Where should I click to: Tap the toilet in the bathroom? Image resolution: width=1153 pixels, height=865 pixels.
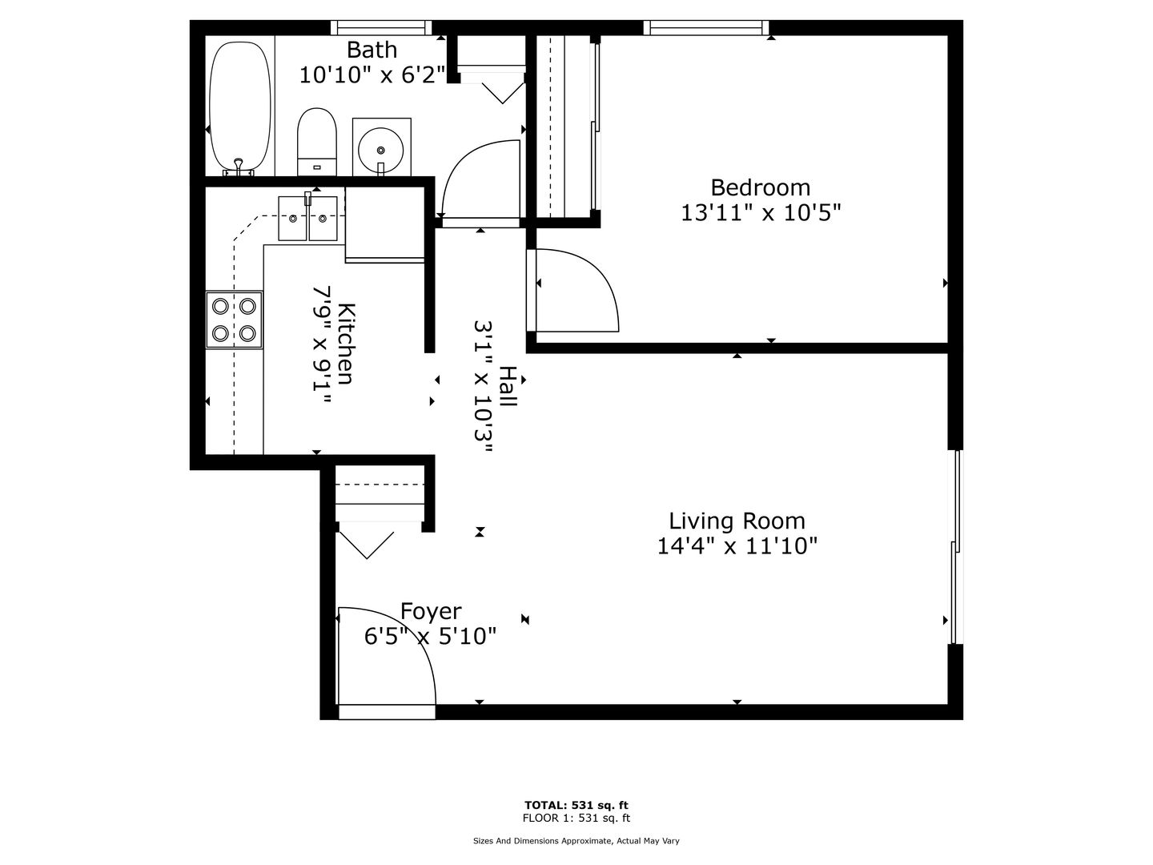tap(317, 142)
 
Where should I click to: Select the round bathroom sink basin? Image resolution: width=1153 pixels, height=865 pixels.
tap(381, 149)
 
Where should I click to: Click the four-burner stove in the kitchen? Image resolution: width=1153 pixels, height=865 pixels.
tap(235, 320)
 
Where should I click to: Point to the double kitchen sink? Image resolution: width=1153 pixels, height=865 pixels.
tap(307, 219)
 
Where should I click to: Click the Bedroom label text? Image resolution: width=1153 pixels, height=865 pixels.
tap(760, 187)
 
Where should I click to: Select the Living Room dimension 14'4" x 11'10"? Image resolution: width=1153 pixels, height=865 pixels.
tap(737, 546)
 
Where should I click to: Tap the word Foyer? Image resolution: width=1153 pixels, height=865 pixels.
tap(431, 611)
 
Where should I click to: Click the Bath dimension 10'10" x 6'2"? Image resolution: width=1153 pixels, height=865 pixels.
tap(372, 75)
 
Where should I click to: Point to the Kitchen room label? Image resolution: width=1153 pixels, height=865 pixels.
tap(346, 344)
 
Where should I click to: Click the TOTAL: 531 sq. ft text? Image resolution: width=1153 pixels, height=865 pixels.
tap(576, 805)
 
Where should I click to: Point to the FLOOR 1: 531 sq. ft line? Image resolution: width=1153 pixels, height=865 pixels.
tap(576, 818)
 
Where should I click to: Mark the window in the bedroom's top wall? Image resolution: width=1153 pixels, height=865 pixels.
tap(706, 27)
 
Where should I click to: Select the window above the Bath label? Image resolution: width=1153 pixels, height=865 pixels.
tap(381, 27)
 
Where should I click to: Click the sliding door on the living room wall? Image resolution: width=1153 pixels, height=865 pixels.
tap(957, 546)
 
